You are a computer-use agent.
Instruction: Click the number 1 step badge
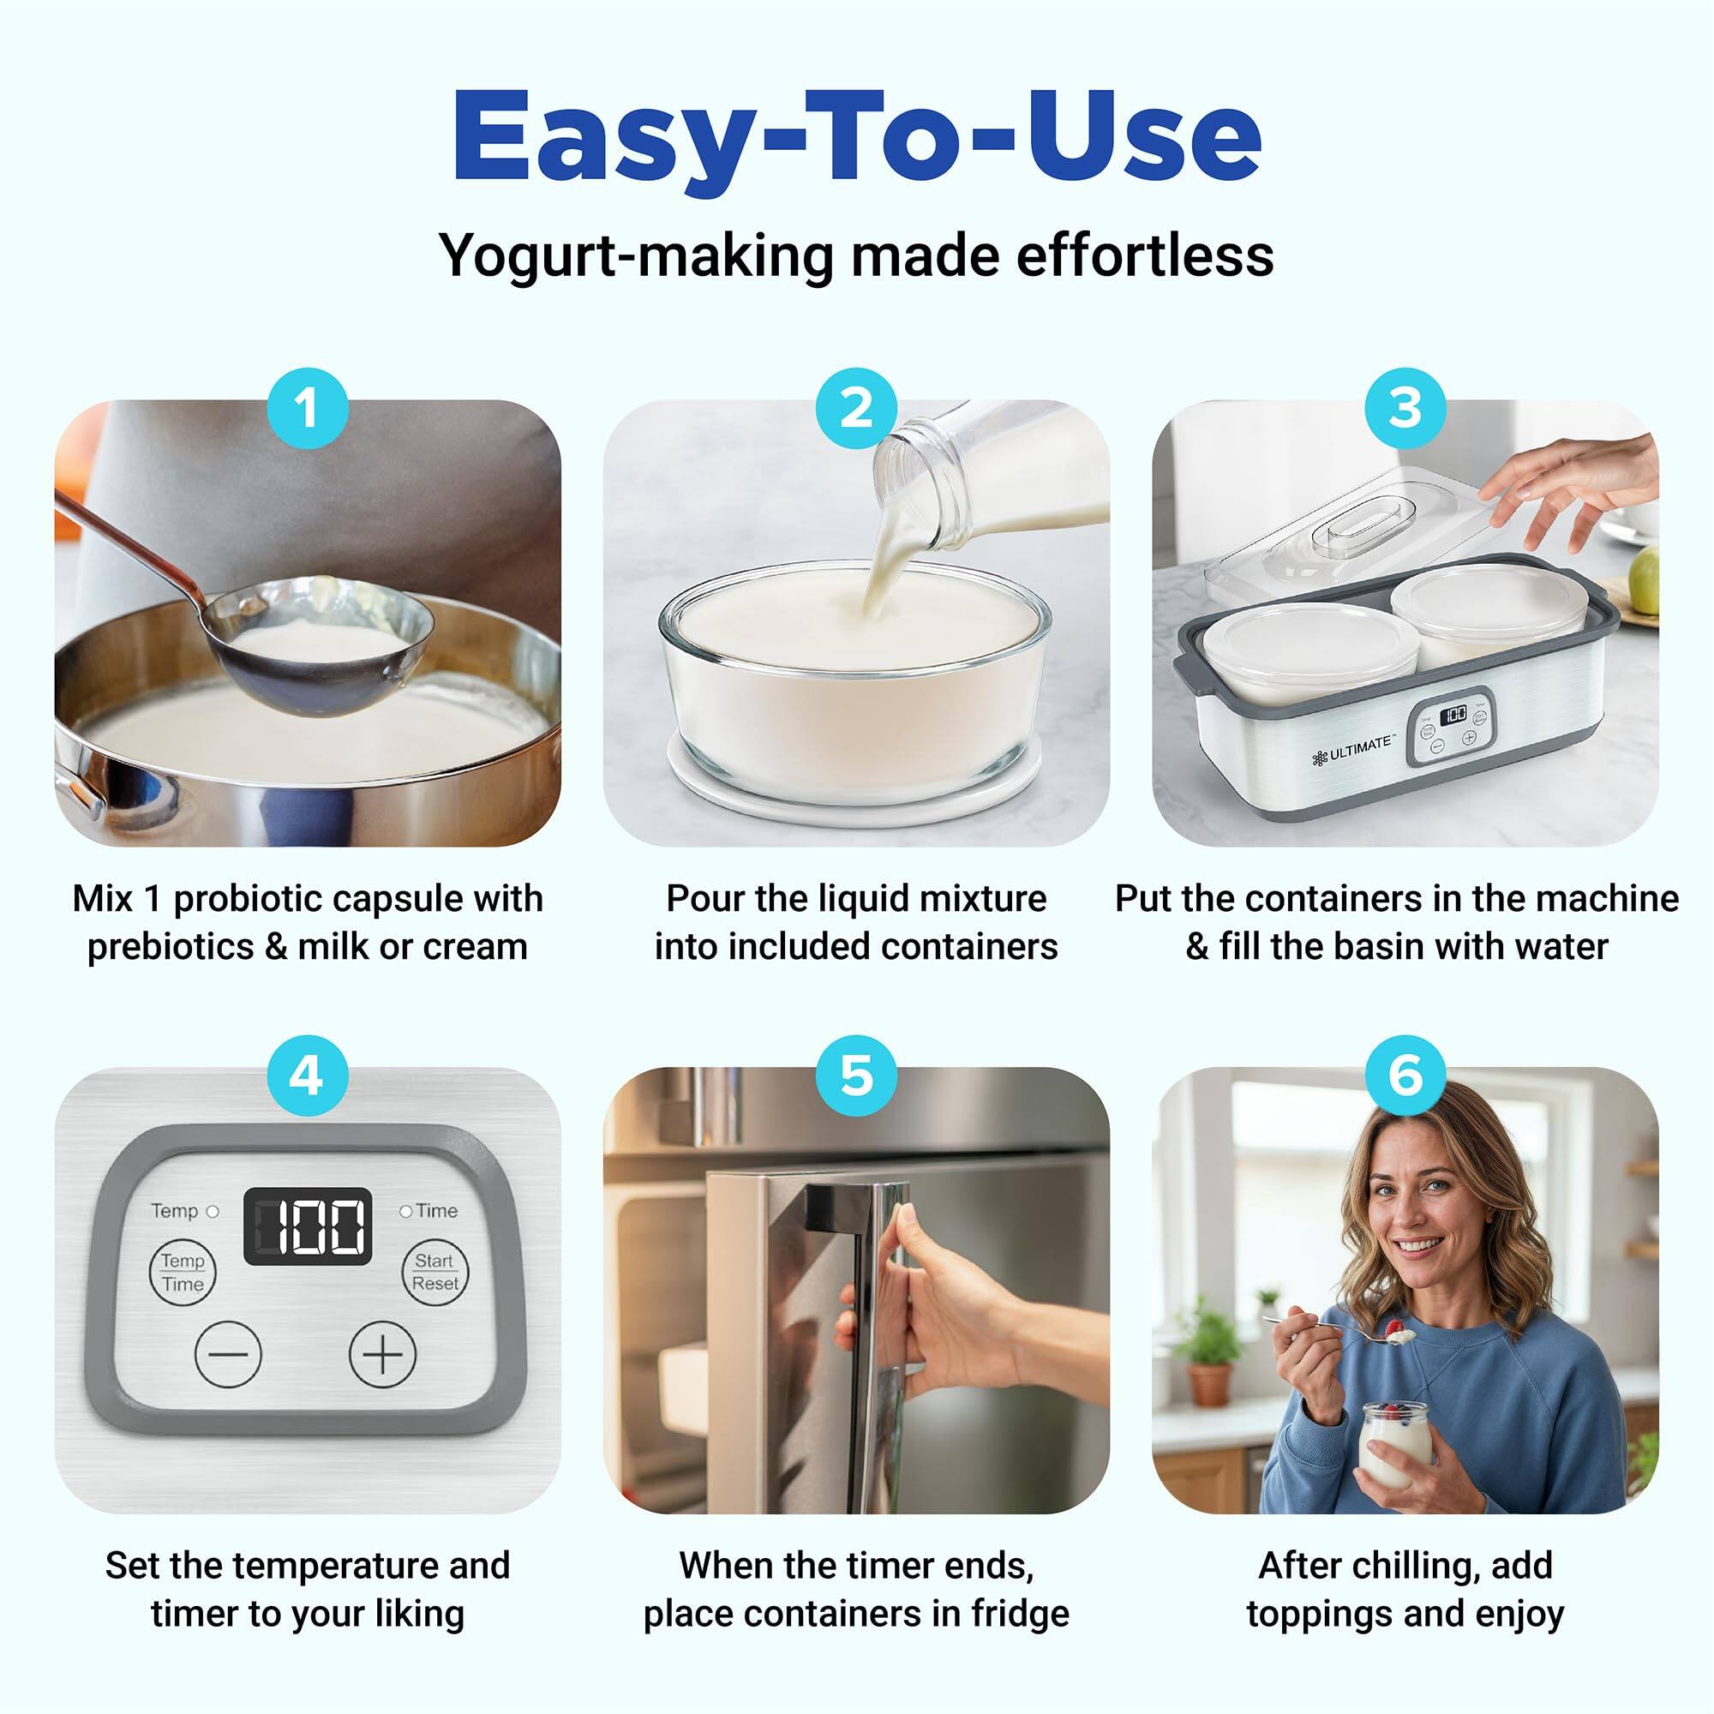click(307, 408)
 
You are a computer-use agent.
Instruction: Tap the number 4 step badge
click(307, 1076)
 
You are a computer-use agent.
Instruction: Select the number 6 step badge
click(1405, 1076)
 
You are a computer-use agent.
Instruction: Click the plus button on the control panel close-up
click(382, 1354)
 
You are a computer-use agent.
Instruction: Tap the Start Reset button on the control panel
click(434, 1272)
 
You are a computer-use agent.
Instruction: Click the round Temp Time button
click(183, 1272)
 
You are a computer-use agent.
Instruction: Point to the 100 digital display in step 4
click(308, 1226)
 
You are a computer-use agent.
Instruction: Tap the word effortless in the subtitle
click(1144, 256)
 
